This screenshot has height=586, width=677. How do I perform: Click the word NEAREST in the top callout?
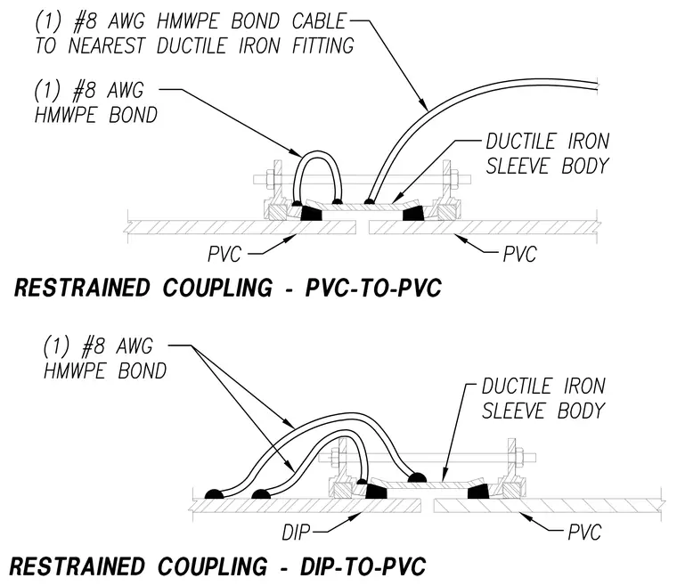107,45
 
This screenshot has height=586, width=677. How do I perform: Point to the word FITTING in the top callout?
323,45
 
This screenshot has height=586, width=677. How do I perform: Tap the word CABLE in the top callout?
319,21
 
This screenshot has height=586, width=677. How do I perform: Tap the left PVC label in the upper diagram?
224,254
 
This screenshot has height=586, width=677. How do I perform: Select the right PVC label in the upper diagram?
519,254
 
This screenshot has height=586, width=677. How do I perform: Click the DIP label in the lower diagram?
296,533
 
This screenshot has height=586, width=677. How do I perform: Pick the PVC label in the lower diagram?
584,533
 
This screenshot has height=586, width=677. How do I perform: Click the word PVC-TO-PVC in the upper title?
373,288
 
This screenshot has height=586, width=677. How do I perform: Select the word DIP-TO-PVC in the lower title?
363,566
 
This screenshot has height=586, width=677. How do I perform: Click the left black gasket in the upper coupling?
311,213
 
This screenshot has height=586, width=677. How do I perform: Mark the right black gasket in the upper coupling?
413,213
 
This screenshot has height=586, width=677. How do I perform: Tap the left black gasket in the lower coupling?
376,491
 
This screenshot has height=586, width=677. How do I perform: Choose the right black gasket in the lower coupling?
478,491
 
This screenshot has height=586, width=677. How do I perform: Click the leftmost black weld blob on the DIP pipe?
214,494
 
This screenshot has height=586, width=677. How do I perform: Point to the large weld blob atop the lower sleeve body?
417,478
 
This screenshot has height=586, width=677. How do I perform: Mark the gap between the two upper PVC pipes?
363,227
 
